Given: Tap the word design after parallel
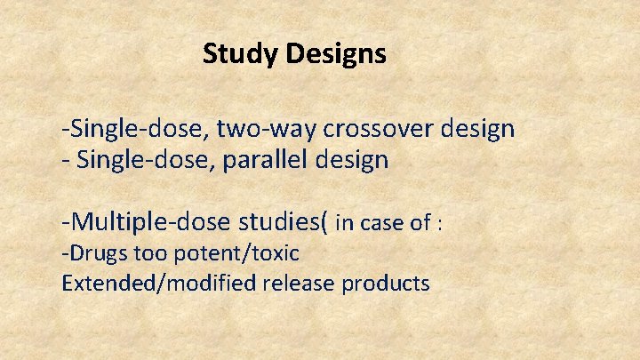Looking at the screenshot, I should coord(354,162).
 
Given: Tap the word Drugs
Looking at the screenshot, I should coord(95,254).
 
